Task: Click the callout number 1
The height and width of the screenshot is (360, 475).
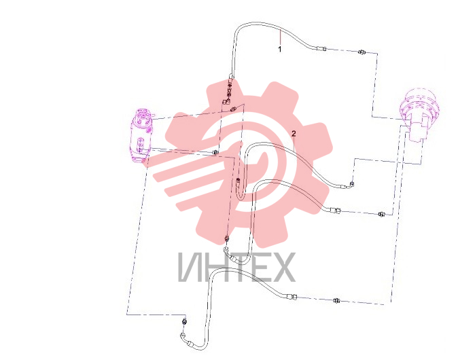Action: pyautogui.click(x=280, y=49)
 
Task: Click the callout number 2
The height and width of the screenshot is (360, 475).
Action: pyautogui.click(x=294, y=134)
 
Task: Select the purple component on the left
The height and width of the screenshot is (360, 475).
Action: pyautogui.click(x=141, y=135)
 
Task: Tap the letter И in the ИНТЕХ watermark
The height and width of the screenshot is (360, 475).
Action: pyautogui.click(x=189, y=267)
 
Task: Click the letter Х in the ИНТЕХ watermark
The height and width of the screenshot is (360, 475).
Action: pyautogui.click(x=282, y=267)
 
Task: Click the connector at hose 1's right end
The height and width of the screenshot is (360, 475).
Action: pyautogui.click(x=321, y=48)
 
